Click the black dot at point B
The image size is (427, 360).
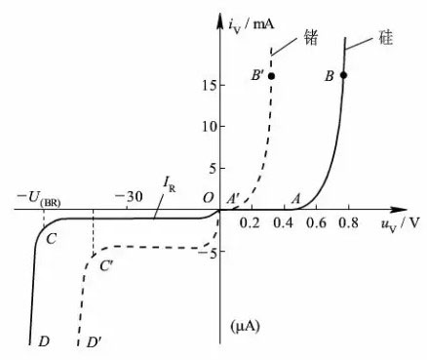[x=343, y=75]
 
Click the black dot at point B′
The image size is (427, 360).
[x=271, y=76]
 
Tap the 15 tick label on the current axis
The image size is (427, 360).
[x=209, y=85]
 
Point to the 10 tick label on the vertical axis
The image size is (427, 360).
[x=209, y=126]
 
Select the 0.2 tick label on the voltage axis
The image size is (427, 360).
[x=249, y=223]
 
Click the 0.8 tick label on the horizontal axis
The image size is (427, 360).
[x=348, y=223]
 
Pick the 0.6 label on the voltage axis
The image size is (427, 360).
[x=316, y=223]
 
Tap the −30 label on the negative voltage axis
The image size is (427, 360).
[x=129, y=196]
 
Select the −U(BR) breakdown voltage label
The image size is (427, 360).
[x=39, y=198]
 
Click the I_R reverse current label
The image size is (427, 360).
[x=169, y=185]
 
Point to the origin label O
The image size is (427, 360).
[x=208, y=197]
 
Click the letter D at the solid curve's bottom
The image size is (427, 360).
[x=44, y=341]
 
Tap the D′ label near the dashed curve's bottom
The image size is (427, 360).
[x=95, y=341]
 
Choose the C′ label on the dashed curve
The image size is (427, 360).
[x=106, y=266]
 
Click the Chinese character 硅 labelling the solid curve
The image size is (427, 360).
[x=386, y=37]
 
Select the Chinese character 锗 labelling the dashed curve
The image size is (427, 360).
[x=310, y=37]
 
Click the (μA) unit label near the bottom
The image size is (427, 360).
[x=246, y=326]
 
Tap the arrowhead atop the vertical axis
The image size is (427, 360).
[x=219, y=21]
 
